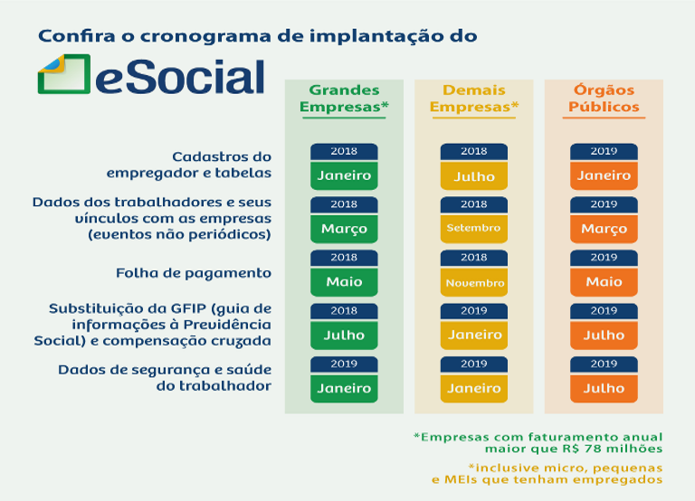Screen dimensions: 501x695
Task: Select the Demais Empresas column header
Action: [473, 99]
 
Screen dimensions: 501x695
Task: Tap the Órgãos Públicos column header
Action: [604, 99]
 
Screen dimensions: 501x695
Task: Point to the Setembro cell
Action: [473, 228]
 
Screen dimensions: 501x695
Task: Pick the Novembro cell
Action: [473, 282]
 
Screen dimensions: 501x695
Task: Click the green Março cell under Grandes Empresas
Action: [344, 228]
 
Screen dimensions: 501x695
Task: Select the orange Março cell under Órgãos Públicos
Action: [604, 228]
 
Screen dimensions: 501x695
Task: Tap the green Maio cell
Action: [344, 281]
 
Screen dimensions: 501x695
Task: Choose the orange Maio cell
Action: [604, 281]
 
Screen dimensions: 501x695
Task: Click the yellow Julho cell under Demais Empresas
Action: [473, 175]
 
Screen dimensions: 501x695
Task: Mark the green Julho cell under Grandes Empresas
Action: [344, 335]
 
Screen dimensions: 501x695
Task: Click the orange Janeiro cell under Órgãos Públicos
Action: [604, 175]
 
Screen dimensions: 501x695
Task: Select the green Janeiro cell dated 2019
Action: [344, 388]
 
